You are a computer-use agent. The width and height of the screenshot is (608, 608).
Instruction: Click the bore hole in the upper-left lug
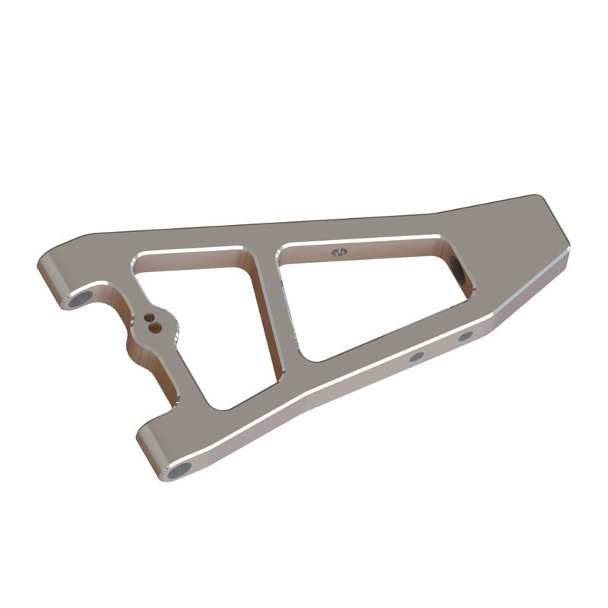click(x=79, y=300)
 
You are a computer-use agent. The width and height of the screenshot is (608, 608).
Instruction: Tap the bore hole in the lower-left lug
click(x=179, y=471)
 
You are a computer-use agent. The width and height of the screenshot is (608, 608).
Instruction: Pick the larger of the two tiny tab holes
click(x=156, y=328)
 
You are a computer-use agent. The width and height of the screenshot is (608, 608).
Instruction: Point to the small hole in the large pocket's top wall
click(x=339, y=251)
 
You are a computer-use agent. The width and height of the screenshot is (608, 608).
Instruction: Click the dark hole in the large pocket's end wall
click(x=457, y=268)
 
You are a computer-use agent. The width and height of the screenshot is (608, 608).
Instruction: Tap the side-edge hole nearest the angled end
click(x=465, y=336)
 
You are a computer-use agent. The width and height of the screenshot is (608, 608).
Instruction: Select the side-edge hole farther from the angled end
click(x=416, y=356)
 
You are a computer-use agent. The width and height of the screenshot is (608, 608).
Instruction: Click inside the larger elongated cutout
click(x=365, y=296)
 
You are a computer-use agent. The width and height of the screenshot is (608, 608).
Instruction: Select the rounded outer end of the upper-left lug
click(x=47, y=274)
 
